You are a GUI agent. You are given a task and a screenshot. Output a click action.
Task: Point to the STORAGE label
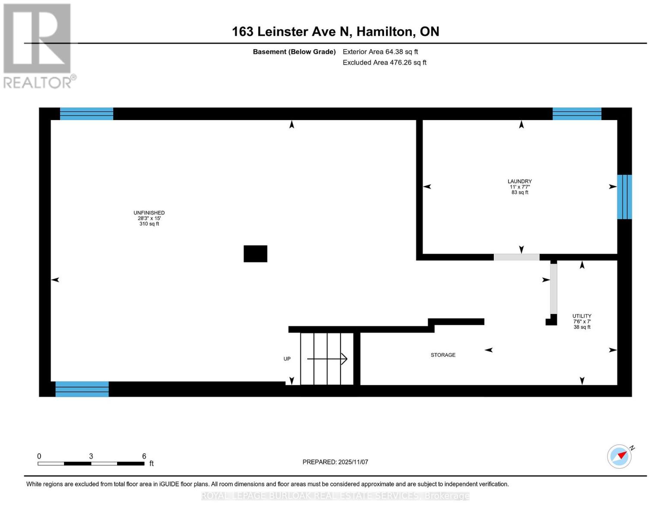(x=443, y=355)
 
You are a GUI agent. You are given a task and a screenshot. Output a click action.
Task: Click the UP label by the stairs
(x=287, y=359)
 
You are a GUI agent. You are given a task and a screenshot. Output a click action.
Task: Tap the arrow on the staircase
(x=328, y=359)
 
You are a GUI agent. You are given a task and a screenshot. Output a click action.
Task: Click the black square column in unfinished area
(x=255, y=254)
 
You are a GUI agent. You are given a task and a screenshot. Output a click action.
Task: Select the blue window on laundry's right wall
(x=624, y=197)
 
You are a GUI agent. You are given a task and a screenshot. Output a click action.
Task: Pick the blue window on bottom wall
(x=82, y=389)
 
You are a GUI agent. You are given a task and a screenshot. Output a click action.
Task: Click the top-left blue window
(x=86, y=114)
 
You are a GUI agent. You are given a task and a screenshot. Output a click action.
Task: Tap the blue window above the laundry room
(x=577, y=114)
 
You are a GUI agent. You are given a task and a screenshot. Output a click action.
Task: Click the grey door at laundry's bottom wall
(x=516, y=257)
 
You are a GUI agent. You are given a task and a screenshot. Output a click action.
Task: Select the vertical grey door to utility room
(x=553, y=288)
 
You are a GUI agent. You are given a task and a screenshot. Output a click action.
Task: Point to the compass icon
(x=620, y=456)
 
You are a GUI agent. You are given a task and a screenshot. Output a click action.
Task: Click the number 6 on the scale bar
(x=144, y=456)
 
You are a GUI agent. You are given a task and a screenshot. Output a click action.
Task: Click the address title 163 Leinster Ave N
(x=335, y=32)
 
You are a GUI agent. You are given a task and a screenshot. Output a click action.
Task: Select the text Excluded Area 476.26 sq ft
(x=384, y=63)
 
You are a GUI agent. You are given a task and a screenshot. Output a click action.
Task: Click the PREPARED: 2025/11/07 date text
(x=335, y=462)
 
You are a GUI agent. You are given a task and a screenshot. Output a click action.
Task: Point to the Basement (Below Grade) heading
(x=294, y=52)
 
